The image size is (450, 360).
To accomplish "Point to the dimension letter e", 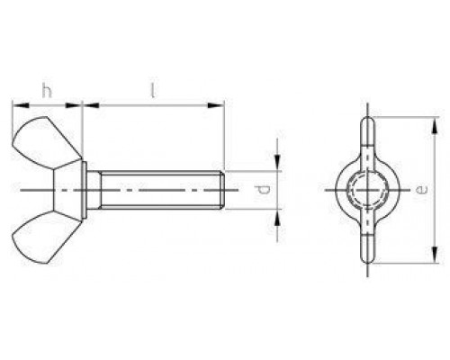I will (x=422, y=190).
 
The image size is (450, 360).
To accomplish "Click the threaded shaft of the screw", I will (x=157, y=190).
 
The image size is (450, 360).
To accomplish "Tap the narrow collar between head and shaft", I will (x=91, y=190).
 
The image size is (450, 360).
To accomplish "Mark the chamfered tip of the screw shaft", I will (x=221, y=190).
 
